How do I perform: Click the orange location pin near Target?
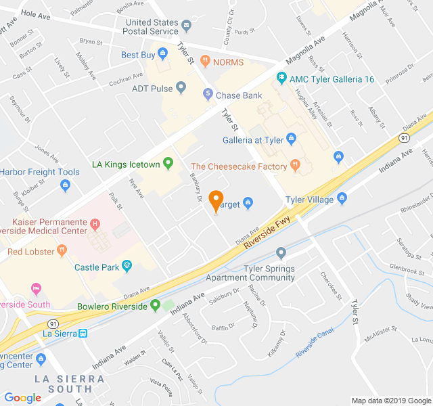[x=216, y=201]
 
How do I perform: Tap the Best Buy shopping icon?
[x=164, y=55]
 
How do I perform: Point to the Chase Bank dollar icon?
[x=208, y=95]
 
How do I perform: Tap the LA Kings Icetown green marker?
[x=168, y=163]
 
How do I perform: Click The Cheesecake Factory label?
[x=240, y=166]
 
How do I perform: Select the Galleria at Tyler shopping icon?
[x=292, y=140]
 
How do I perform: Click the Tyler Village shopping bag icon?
[x=342, y=200]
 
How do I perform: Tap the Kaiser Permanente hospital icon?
[x=95, y=224]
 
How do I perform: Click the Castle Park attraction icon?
[x=127, y=267]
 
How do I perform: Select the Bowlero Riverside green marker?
[x=155, y=306]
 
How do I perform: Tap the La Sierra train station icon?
[x=82, y=333]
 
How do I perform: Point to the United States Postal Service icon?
[x=187, y=26]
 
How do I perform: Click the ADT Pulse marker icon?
[x=181, y=88]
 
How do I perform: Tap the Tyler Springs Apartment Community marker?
[x=281, y=253]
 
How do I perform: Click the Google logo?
[x=22, y=398]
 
